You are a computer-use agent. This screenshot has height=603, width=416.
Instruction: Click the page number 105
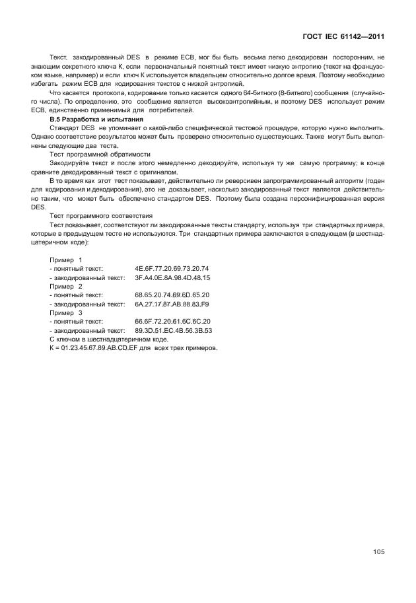point(378,552)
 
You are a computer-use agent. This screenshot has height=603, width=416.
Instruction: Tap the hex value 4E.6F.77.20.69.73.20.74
point(172,269)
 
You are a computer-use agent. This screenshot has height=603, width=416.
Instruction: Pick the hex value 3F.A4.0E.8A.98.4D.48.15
point(172,278)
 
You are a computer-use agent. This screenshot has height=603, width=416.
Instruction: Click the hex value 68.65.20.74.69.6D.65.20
point(172,295)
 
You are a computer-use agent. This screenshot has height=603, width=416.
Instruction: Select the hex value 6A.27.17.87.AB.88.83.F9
point(172,304)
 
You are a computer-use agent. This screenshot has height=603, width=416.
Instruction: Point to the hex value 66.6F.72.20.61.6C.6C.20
point(172,322)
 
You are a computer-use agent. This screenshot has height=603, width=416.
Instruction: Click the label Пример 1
point(66,260)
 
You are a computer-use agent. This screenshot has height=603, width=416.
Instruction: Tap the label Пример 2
point(66,287)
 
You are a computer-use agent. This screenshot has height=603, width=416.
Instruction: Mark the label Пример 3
point(66,313)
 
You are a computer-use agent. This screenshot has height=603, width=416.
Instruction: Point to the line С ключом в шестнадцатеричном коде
point(104,339)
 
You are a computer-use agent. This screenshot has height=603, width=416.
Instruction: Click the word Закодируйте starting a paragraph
point(69,162)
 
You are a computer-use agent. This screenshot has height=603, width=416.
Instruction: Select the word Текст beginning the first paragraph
point(59,59)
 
